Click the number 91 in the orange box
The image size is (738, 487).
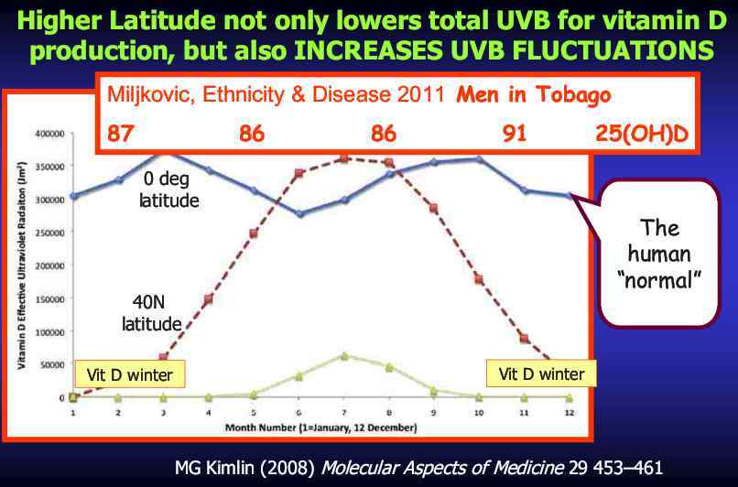pyautogui.click(x=515, y=134)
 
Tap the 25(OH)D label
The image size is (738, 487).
pyautogui.click(x=642, y=134)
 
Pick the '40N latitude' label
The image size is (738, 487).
pyautogui.click(x=152, y=314)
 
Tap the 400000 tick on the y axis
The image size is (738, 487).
pyautogui.click(x=50, y=134)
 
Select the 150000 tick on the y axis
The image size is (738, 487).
pyautogui.click(x=50, y=298)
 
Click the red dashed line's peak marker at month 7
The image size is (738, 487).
pyautogui.click(x=343, y=158)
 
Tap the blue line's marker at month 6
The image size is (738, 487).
pyautogui.click(x=298, y=214)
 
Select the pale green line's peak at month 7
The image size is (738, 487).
pyautogui.click(x=343, y=355)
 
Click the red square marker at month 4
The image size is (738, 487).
pyautogui.click(x=209, y=299)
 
